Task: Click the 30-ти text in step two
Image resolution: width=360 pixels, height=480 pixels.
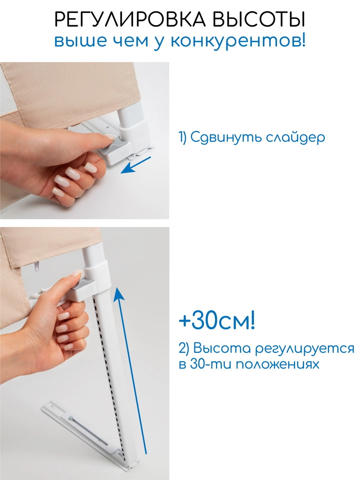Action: point(208,365)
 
